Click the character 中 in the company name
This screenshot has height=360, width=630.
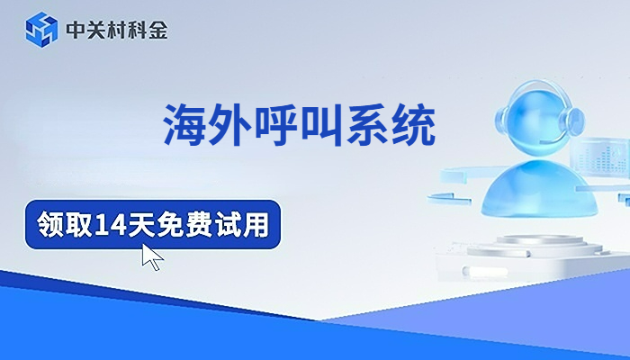[x=76, y=31]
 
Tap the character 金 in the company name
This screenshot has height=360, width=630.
[x=157, y=31]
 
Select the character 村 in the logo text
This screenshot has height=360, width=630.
[x=116, y=31]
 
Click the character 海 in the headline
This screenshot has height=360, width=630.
[x=184, y=125]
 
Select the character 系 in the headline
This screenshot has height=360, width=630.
[x=370, y=125]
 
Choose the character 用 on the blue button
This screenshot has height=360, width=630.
[x=256, y=222]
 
